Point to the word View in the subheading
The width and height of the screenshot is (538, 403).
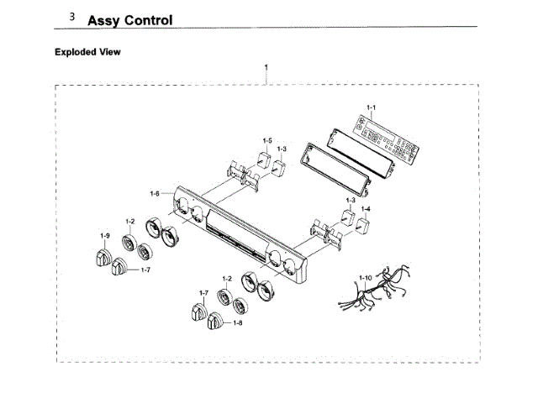pos(111,52)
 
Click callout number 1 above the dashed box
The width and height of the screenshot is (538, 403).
pos(266,66)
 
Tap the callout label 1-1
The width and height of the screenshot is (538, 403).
pos(372,107)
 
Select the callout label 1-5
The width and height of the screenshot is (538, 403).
pos(266,140)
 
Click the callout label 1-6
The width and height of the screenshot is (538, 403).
pos(155,194)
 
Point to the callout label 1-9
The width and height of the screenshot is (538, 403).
pos(105,235)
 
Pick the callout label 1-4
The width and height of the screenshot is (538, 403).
pos(366,208)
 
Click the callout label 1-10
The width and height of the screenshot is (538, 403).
pos(365,277)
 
